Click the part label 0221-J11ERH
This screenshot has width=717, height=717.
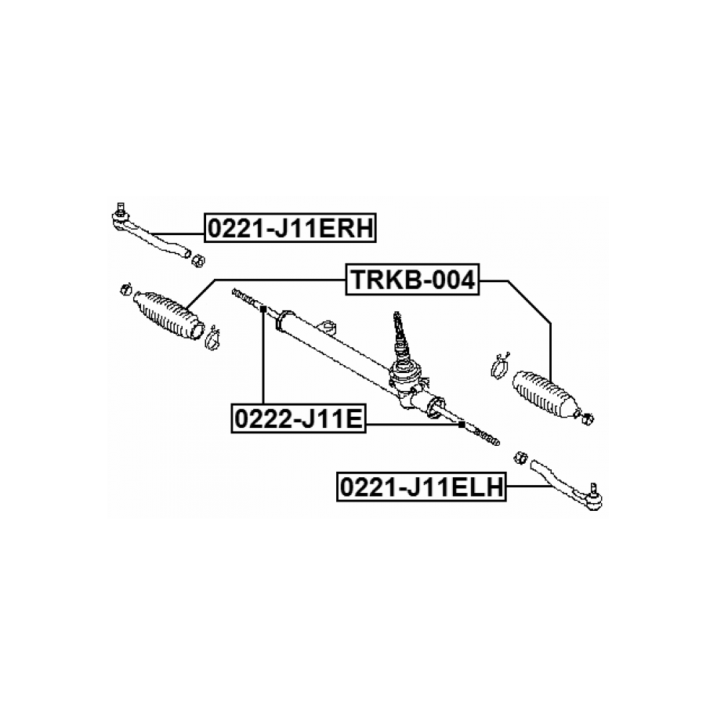(x=290, y=228)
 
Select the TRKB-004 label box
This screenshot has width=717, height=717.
(x=412, y=280)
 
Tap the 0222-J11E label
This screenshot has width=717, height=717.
(x=299, y=418)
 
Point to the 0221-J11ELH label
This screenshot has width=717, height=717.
(x=422, y=487)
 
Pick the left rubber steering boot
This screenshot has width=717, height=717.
(x=169, y=315)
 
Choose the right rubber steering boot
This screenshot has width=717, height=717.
(x=546, y=394)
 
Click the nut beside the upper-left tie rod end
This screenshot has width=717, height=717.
(x=197, y=261)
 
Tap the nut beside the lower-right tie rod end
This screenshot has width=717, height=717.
(x=521, y=458)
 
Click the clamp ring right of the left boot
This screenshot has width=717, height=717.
(x=213, y=338)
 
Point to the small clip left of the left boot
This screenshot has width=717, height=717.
(x=125, y=289)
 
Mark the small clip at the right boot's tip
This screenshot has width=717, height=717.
(x=587, y=418)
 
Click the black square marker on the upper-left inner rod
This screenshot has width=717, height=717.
(x=263, y=310)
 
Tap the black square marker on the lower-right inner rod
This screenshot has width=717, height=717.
(x=462, y=425)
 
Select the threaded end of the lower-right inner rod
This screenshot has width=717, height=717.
(x=487, y=436)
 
